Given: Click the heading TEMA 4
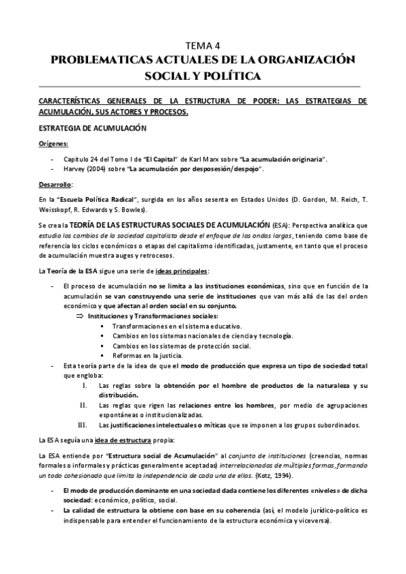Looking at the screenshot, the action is (203, 46).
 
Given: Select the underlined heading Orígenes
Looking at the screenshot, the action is (54, 143).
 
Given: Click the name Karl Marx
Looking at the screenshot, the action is (201, 158).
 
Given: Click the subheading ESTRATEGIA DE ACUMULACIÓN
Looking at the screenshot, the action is (89, 128).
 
